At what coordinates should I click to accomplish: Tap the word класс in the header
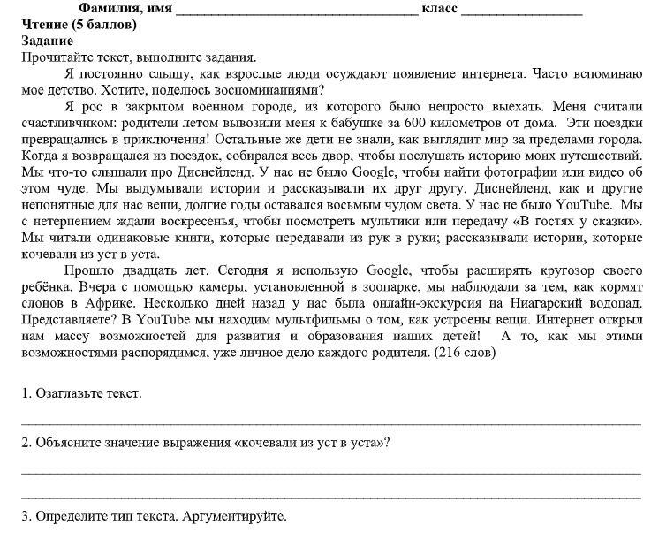(x=439, y=10)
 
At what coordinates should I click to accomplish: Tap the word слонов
(x=42, y=305)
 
